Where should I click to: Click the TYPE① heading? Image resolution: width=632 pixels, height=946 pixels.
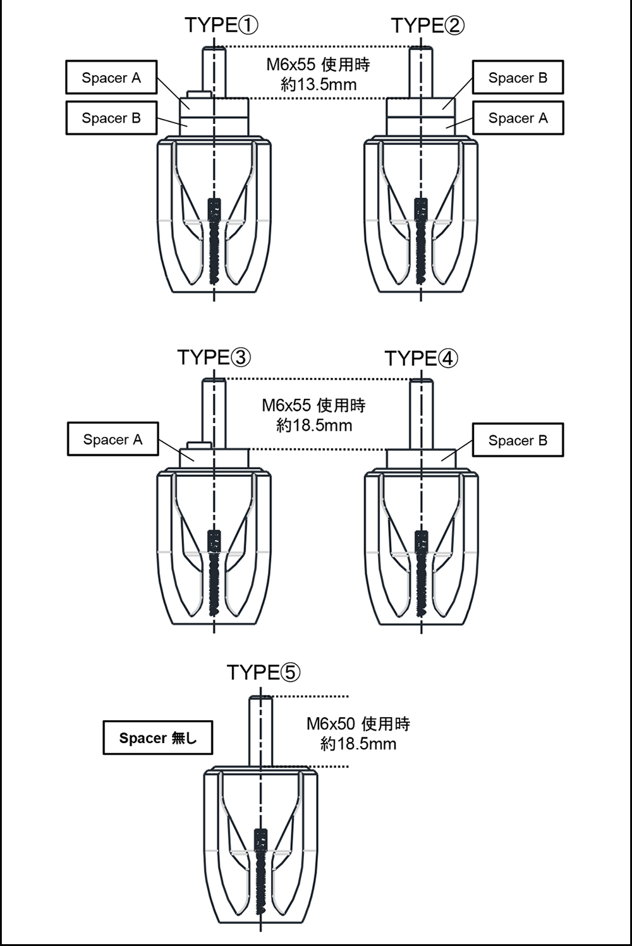(221, 25)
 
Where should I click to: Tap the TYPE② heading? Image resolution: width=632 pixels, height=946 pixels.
(427, 25)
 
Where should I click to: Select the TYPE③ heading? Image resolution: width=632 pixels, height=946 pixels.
(214, 357)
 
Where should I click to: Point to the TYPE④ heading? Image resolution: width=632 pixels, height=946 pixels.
(421, 358)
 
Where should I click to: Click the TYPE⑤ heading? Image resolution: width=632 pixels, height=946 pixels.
(263, 672)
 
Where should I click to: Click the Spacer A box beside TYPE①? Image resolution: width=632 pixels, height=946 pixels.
(111, 78)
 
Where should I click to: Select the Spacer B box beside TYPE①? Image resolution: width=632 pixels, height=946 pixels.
(111, 118)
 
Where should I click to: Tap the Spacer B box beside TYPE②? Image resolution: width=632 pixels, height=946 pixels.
(518, 78)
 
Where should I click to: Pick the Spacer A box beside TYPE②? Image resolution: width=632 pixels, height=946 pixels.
(518, 118)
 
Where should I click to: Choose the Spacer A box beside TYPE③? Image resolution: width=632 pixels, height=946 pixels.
(112, 439)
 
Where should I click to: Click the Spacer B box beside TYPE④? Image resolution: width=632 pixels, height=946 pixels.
(518, 440)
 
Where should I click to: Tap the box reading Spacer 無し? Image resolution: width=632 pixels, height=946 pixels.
(157, 738)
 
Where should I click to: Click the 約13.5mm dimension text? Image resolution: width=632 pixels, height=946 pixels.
(319, 85)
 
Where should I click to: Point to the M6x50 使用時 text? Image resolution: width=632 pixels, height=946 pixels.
(358, 723)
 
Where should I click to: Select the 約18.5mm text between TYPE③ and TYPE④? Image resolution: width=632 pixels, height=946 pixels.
(314, 425)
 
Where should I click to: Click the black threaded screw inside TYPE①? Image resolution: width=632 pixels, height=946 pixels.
(214, 240)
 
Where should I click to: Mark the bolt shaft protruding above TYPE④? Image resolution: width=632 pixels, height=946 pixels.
(421, 414)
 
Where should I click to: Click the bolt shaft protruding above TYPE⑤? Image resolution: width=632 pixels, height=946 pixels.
(260, 730)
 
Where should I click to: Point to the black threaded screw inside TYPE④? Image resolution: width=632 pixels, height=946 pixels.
(421, 572)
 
